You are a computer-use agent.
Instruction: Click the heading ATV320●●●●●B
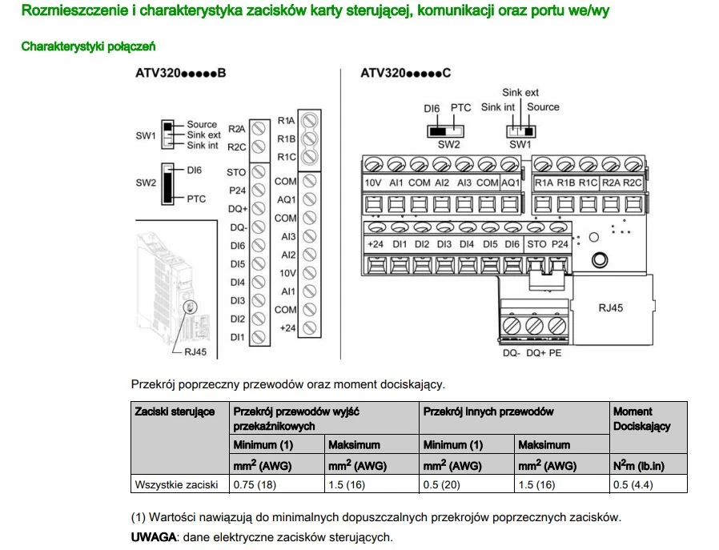click(x=180, y=74)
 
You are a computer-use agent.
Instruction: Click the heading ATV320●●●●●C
click(x=406, y=74)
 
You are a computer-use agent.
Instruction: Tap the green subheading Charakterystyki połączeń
click(x=88, y=46)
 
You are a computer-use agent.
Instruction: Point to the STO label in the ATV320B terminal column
click(x=236, y=172)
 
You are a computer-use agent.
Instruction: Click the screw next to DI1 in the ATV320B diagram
click(x=259, y=337)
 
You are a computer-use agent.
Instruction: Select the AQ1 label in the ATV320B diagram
click(x=287, y=199)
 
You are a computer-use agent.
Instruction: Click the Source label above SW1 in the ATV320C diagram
click(x=544, y=107)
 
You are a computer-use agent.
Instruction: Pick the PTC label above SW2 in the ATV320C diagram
click(x=460, y=107)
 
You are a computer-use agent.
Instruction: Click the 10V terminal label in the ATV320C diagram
click(x=373, y=183)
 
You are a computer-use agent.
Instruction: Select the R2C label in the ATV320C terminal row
click(x=633, y=183)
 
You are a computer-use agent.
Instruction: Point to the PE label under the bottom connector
click(x=555, y=352)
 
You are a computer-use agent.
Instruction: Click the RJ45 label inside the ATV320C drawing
click(x=613, y=307)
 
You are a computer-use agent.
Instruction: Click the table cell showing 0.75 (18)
click(x=254, y=484)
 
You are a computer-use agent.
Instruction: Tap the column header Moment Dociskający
click(x=641, y=419)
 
